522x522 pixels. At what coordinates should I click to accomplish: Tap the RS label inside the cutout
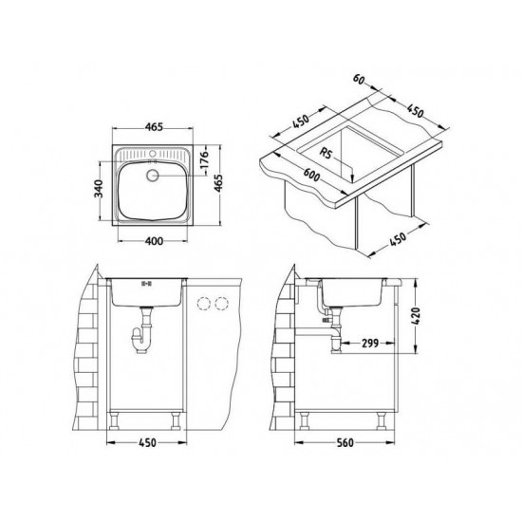(x=326, y=149)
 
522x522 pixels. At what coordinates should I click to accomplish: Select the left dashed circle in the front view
(x=202, y=303)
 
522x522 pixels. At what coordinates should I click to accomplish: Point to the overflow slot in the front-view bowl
(x=146, y=283)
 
